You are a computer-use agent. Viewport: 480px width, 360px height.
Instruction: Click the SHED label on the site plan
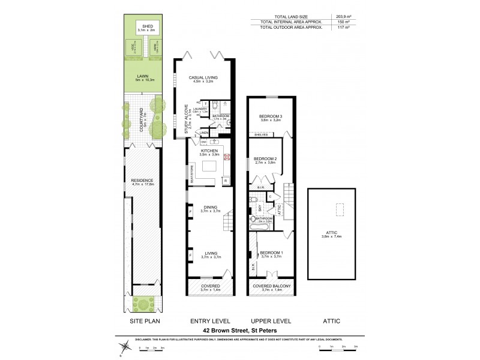pos(146,25)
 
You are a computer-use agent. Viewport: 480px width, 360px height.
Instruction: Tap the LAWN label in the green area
pos(142,76)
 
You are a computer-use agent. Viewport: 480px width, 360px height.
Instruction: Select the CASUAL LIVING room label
pos(203,77)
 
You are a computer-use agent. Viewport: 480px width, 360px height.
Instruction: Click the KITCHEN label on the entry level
pos(208,151)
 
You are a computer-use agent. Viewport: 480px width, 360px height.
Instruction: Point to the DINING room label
pos(211,208)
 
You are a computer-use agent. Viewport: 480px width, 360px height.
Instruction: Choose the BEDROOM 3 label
pos(271,116)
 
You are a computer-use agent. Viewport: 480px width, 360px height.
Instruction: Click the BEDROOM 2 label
pos(265,158)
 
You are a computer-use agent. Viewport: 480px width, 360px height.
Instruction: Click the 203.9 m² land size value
pos(343,16)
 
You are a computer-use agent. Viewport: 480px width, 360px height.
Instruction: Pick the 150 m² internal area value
pos(343,22)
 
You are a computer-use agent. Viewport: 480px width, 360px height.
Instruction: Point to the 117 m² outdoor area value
pos(343,28)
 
